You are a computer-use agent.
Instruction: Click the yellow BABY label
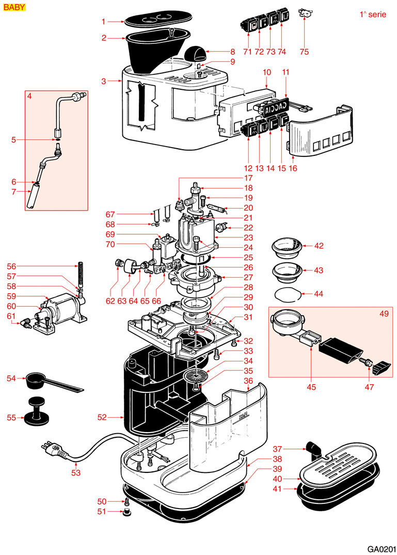tap(14, 7)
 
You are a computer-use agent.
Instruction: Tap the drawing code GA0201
tap(381, 549)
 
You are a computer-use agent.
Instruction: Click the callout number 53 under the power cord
tap(76, 472)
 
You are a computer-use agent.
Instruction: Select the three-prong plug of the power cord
tap(54, 449)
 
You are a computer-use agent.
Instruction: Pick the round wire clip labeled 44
tap(289, 294)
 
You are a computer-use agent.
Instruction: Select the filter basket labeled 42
tap(288, 245)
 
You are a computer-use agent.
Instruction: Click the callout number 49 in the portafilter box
tap(384, 313)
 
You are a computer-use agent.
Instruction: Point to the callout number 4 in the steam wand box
tap(29, 96)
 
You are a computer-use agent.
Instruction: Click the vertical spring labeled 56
tap(80, 274)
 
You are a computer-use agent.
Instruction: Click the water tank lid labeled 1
tap(158, 20)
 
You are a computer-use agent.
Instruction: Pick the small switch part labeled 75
tap(305, 13)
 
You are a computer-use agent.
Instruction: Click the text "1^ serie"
tap(373, 14)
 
